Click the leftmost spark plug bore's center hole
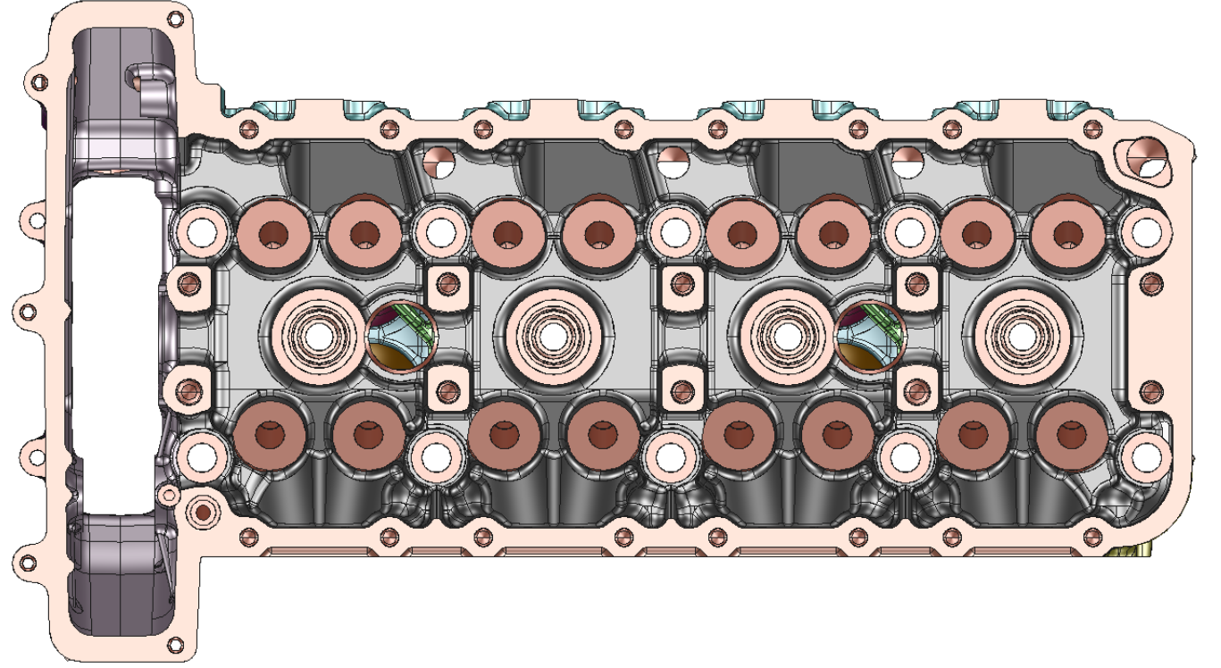[317, 336]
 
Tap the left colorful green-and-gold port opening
[399, 337]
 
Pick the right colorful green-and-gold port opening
[869, 337]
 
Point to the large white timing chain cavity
[115, 344]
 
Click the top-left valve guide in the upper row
[274, 235]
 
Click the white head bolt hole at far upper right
[1145, 232]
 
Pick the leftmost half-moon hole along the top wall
[438, 162]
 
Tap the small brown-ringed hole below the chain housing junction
[203, 513]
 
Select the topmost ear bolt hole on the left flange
[38, 82]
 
